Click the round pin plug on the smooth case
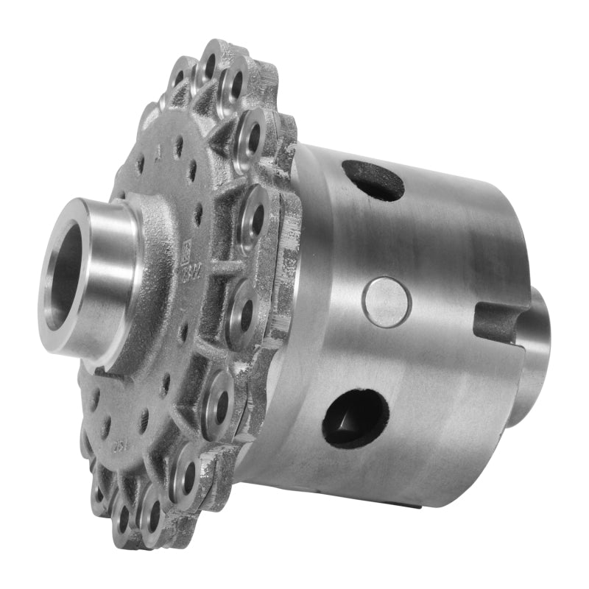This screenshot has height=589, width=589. click(386, 302)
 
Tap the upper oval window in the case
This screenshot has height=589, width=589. click(373, 179)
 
